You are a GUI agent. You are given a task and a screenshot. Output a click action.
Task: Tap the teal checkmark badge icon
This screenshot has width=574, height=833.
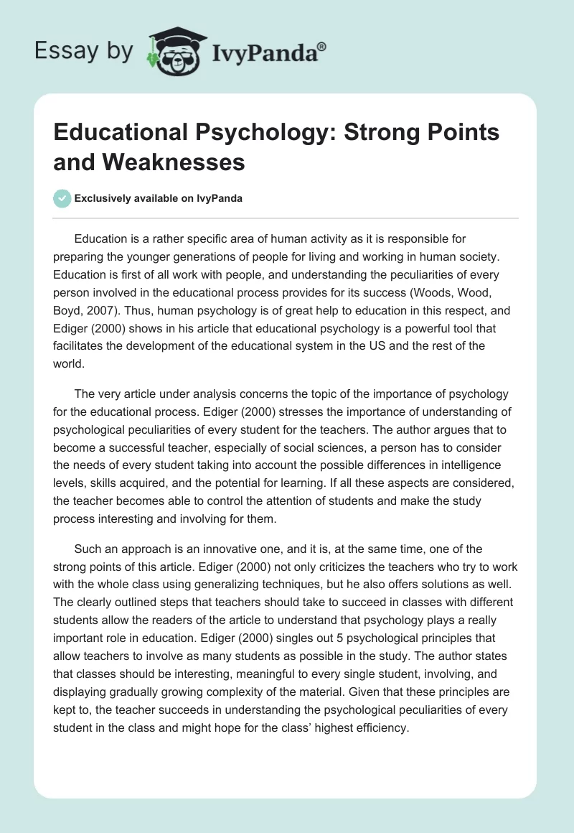(62, 198)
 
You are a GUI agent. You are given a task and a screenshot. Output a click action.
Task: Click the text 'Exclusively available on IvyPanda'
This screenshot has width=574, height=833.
(159, 199)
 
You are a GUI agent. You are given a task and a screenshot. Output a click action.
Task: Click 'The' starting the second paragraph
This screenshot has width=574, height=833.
(84, 394)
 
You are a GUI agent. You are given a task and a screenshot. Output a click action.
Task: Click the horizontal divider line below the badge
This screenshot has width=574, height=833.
(287, 218)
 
